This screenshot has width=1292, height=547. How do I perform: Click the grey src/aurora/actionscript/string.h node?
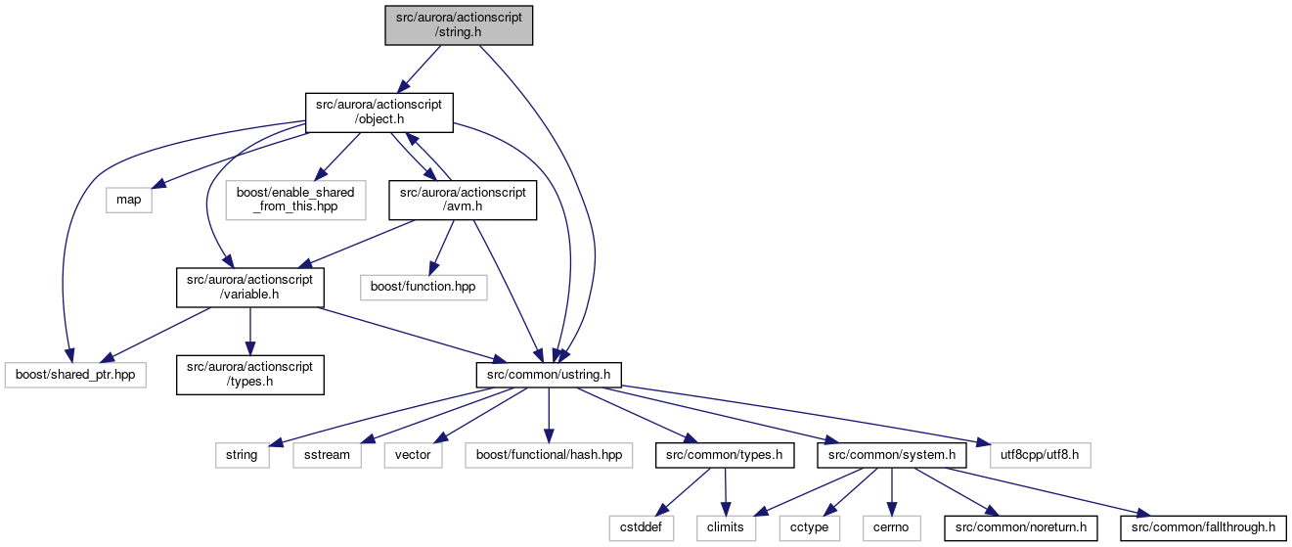pos(459,25)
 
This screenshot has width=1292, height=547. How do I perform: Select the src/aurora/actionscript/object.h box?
pos(379,113)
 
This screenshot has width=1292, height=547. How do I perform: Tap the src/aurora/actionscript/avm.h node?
pos(463,200)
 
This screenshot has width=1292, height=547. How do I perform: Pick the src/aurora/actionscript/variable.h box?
pos(249,288)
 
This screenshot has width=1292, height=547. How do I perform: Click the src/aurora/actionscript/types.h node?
pos(249,375)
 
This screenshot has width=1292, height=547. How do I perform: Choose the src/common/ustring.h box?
pos(549,375)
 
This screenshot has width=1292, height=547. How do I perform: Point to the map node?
pos(129,200)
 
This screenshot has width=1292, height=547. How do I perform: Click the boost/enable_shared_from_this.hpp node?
pos(295,200)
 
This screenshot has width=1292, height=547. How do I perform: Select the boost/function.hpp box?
pos(423,288)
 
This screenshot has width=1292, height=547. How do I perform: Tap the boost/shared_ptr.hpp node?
pos(75,375)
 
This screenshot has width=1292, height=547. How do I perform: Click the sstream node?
pos(327,455)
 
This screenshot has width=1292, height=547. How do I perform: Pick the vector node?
pos(413,455)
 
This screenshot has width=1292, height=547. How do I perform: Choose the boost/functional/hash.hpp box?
pos(549,455)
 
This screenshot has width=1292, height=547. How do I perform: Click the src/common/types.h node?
pos(725,455)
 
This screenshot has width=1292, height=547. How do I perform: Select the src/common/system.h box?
pos(892,455)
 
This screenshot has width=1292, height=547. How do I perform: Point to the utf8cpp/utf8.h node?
pos(1040,455)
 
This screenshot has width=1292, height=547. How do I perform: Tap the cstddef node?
pos(641,528)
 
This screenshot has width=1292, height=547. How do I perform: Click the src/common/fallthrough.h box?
pos(1203,528)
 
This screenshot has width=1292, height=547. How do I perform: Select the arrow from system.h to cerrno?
pos(892,491)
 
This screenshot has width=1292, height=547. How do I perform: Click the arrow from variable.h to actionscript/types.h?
pos(249,331)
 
